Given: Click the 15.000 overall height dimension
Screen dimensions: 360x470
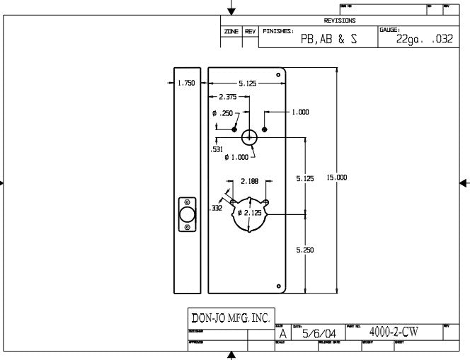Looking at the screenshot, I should coord(337,177).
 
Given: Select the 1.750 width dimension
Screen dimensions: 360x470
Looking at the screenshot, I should coord(186,83).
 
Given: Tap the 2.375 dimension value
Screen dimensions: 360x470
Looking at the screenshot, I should coord(228,97).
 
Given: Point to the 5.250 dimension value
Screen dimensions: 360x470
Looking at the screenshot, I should coord(304,250).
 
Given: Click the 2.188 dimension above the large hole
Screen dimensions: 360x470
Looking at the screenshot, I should coord(248,180).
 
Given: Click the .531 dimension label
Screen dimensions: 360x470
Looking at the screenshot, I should coord(217,149).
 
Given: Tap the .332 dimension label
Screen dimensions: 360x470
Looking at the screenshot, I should coord(216,208).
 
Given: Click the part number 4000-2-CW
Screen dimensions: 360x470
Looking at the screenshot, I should coord(394,331).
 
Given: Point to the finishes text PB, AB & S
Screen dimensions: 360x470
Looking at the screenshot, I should coord(328,40).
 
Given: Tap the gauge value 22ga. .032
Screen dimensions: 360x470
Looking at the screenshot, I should coord(424,40).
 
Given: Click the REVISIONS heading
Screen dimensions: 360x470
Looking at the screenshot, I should coord(339,21).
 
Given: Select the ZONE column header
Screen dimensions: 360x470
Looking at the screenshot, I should coord(231,32).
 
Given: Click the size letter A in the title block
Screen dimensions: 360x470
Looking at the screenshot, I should coord(283,333).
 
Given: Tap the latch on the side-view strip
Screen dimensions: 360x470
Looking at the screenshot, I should coord(188,214).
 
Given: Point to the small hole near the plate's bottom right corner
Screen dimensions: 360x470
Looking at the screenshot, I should coord(278,286).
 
